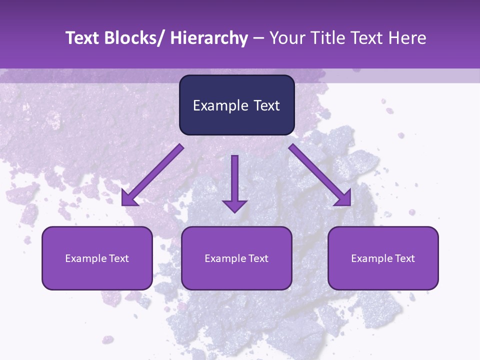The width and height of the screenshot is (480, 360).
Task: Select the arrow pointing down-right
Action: [320, 175]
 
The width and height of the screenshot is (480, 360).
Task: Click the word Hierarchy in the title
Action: [208, 38]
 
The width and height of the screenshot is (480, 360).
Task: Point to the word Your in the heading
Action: [286, 38]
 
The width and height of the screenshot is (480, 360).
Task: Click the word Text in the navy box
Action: [265, 105]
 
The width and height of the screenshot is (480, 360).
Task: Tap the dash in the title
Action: [258, 38]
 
